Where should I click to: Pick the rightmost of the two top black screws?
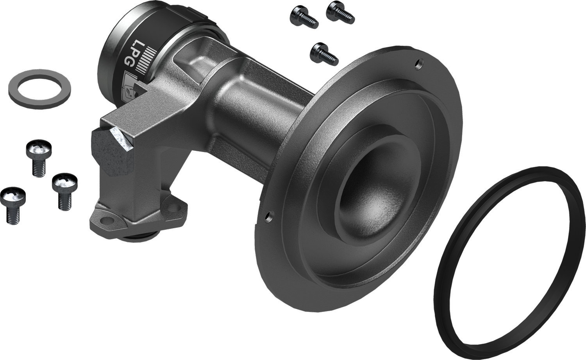tap(340, 12)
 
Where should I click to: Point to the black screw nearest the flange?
tap(323, 54)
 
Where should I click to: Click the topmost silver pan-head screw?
tap(39, 158)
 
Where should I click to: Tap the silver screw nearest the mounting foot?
tap(64, 192)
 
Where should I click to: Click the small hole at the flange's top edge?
tap(419, 63)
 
